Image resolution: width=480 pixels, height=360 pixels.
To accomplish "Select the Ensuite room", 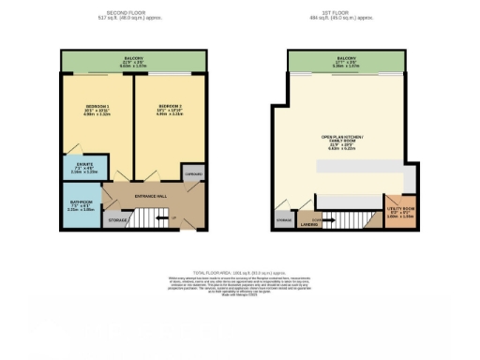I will [x=84, y=171].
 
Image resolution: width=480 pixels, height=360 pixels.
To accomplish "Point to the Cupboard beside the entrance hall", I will [x=194, y=174].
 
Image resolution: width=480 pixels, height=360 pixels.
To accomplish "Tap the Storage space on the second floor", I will [x=117, y=221].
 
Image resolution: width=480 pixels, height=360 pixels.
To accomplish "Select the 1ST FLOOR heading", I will [x=346, y=15].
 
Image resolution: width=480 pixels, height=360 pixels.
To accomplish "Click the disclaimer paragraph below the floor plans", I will [x=241, y=285].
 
